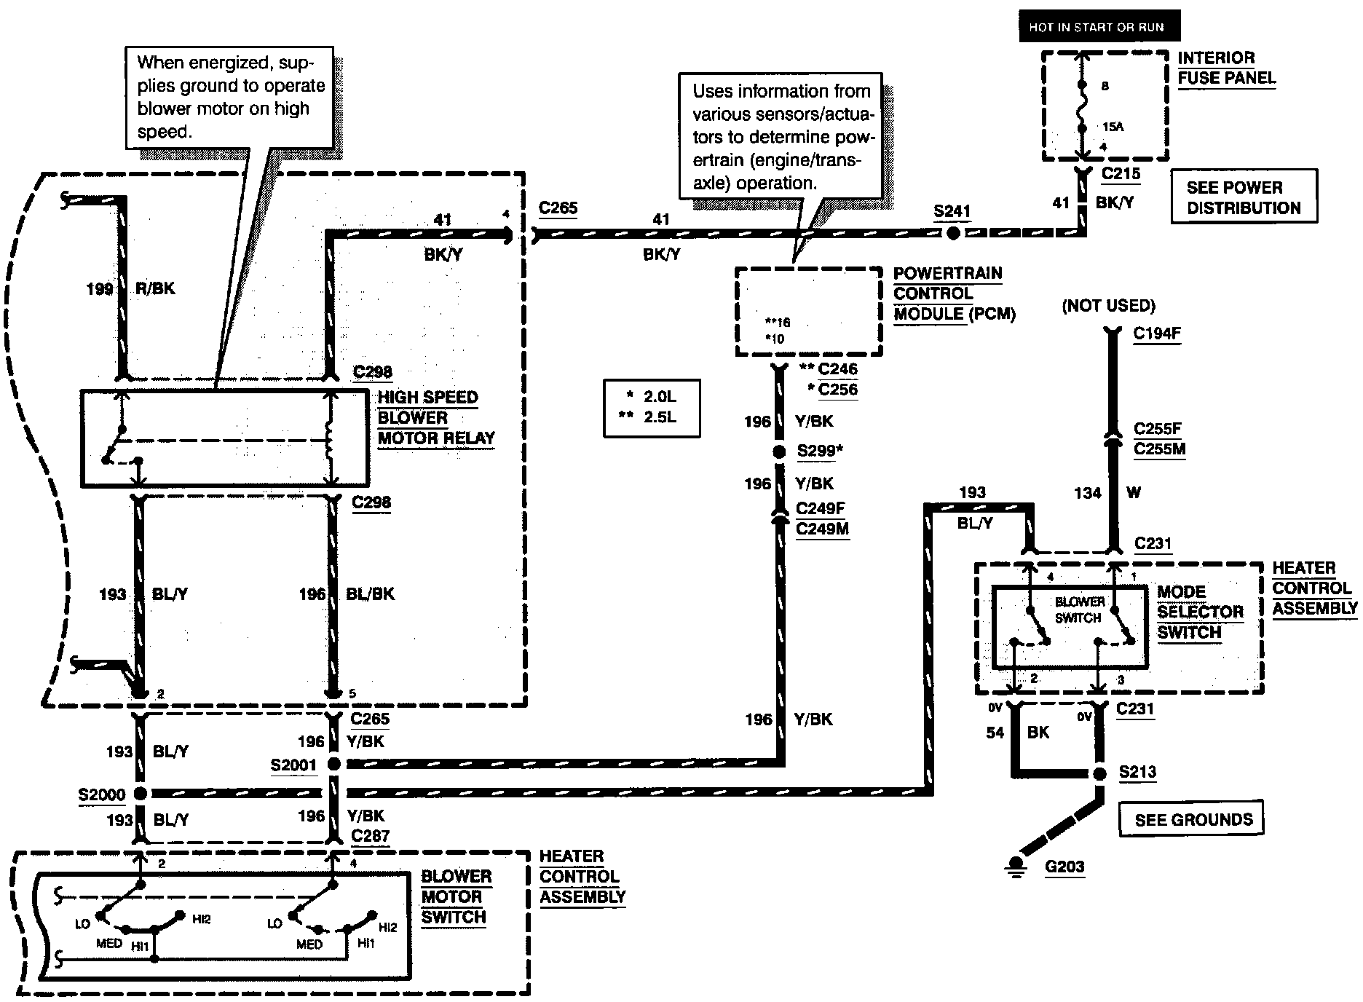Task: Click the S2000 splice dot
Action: coord(140,793)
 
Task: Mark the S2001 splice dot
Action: coord(333,764)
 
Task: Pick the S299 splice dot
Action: coord(779,452)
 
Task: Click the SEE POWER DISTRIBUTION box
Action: coord(1244,197)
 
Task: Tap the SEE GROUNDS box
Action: coord(1191,818)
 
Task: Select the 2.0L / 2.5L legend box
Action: coord(652,408)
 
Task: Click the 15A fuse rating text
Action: coord(1113,127)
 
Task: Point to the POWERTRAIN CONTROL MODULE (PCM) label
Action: coord(954,293)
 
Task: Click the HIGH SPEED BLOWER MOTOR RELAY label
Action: coord(436,418)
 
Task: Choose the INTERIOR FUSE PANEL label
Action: coord(1227,68)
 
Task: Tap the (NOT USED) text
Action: coord(1108,306)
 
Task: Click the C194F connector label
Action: coord(1157,334)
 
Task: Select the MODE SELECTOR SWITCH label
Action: coord(1201,612)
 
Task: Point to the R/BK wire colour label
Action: coord(155,288)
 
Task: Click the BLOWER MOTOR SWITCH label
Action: coord(457,896)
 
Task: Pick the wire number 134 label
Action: coord(1087,493)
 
